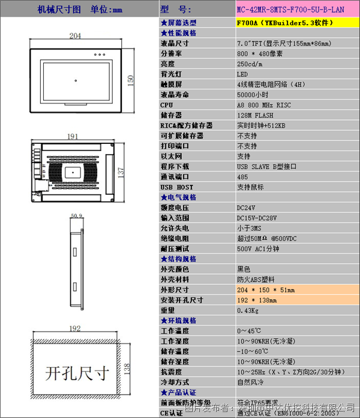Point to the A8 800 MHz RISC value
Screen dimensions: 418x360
tap(263, 105)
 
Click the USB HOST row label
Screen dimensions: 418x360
tap(175, 187)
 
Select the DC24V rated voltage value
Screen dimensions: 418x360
tap(248, 208)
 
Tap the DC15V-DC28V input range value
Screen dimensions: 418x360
tap(261, 218)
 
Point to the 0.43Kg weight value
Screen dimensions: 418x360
tap(249, 310)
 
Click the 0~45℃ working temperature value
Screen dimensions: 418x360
tap(249, 331)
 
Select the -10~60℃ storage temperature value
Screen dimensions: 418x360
tap(253, 351)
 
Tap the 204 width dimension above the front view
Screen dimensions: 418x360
tap(76, 37)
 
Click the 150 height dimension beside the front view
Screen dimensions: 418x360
tap(131, 79)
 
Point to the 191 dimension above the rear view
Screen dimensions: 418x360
tap(73, 137)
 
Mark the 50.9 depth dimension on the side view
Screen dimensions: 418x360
tap(76, 215)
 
